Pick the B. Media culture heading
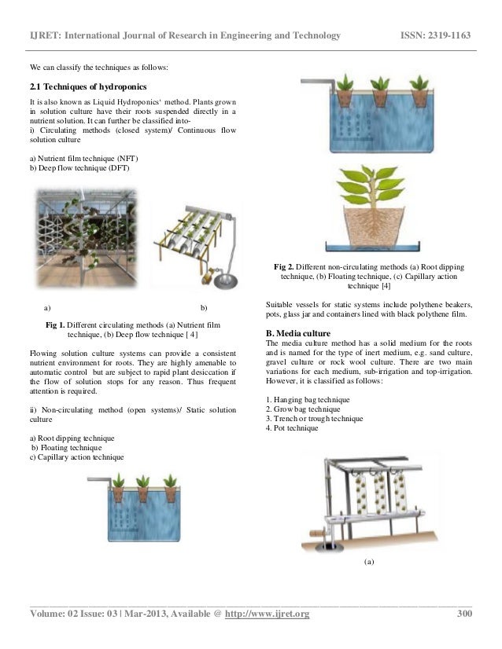pyautogui.click(x=301, y=334)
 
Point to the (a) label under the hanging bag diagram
pyautogui.click(x=369, y=563)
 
